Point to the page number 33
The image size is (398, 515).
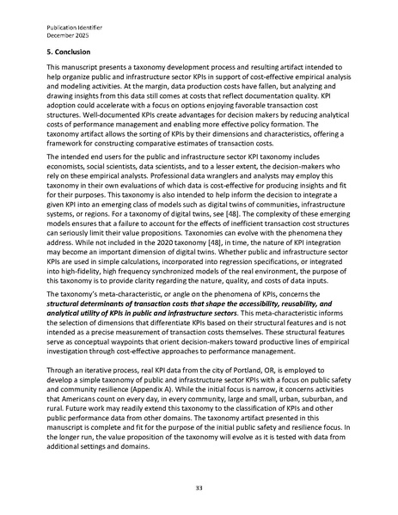click(199, 487)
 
